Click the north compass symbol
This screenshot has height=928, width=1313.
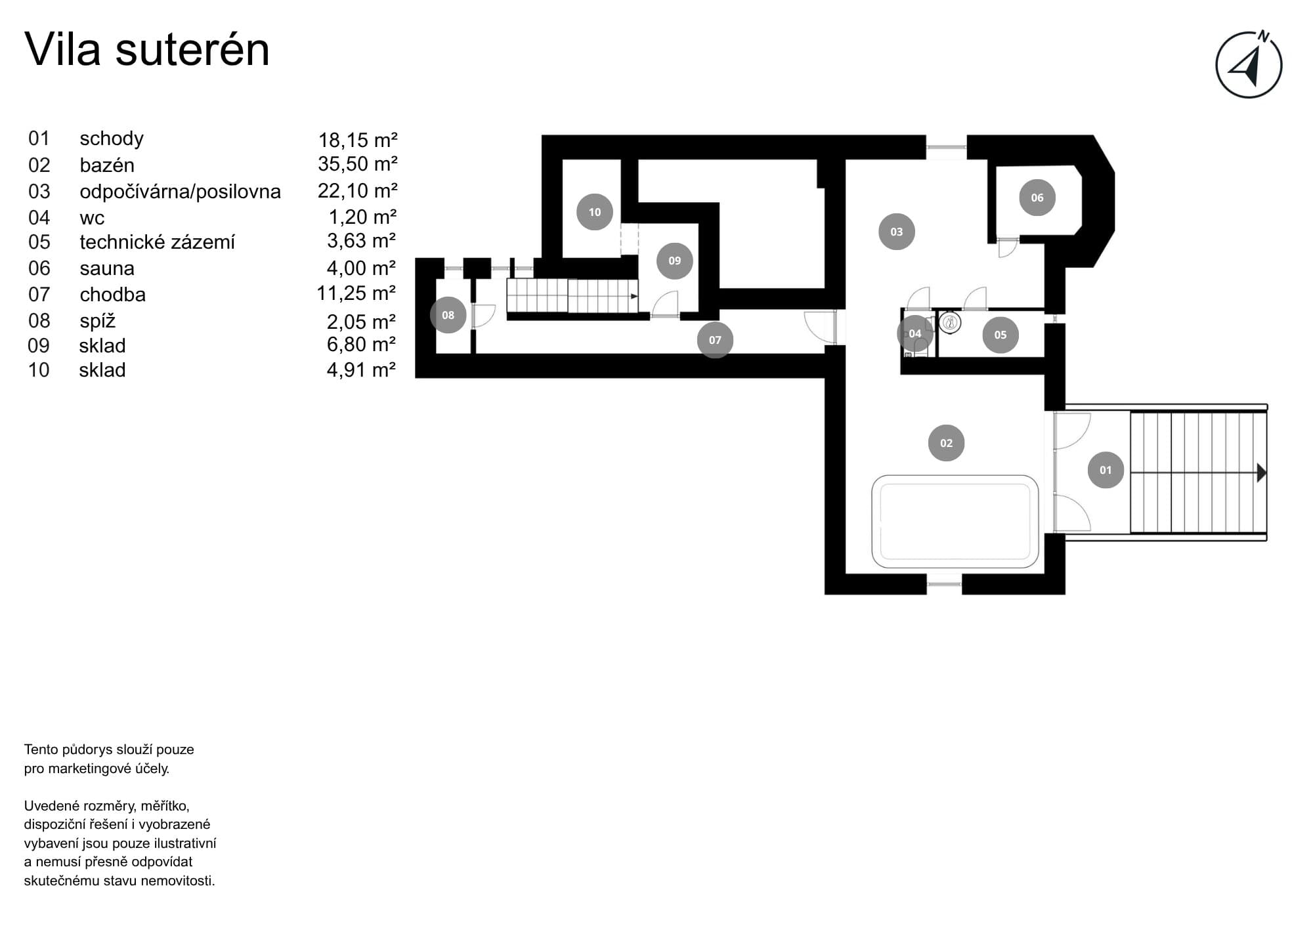click(1249, 65)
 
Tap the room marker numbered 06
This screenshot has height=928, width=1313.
click(1037, 198)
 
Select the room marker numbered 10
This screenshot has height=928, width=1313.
click(594, 212)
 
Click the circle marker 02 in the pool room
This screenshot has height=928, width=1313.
click(946, 443)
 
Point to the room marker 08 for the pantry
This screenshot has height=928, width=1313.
click(448, 315)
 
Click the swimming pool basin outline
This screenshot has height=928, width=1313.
click(955, 522)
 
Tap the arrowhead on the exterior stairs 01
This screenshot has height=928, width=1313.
click(1261, 473)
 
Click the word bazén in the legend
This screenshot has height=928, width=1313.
click(107, 165)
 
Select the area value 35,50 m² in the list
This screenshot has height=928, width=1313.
click(358, 164)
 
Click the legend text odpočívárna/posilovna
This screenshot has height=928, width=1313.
click(180, 192)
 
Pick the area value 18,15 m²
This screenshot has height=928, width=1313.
click(358, 140)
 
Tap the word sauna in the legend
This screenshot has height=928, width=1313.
click(107, 268)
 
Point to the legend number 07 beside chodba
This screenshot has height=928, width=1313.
click(39, 295)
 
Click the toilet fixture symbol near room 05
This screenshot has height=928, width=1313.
click(949, 322)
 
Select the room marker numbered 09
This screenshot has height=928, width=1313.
click(674, 261)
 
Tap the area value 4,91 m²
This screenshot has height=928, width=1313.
click(361, 370)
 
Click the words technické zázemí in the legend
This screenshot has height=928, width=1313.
click(157, 242)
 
